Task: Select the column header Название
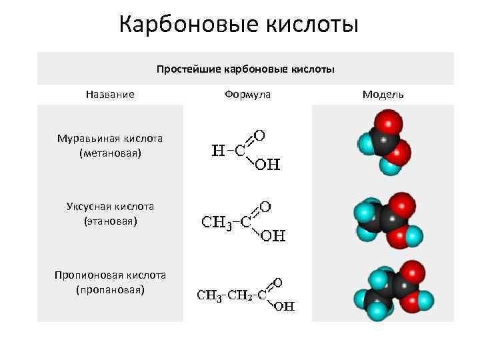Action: (110, 95)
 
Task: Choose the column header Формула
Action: (247, 95)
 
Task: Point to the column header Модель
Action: (383, 95)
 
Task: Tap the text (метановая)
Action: (110, 153)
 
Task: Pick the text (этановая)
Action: (110, 220)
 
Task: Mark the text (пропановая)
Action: (110, 289)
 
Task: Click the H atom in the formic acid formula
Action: (217, 150)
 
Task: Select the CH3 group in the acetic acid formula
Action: (216, 221)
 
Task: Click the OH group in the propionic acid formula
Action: (284, 307)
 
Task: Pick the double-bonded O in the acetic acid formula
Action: (265, 206)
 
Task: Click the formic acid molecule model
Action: (383, 142)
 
